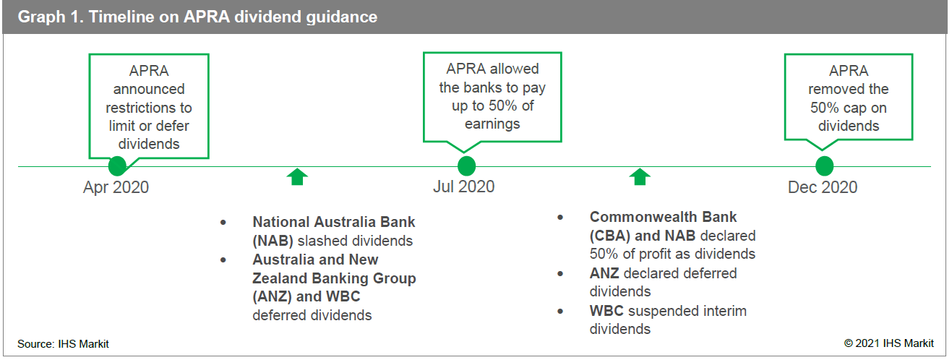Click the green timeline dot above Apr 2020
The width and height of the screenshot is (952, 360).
(117, 166)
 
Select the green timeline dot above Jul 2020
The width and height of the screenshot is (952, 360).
(466, 166)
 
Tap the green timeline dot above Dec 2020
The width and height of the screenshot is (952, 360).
(825, 166)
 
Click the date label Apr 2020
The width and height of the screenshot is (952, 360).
(116, 187)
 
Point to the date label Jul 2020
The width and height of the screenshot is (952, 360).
(463, 187)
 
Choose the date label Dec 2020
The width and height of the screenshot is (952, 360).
(823, 187)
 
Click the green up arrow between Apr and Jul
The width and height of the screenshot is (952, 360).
(297, 177)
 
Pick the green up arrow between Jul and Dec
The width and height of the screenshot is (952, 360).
(640, 177)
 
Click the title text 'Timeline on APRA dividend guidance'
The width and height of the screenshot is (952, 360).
(233, 17)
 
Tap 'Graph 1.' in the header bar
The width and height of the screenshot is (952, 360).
(51, 17)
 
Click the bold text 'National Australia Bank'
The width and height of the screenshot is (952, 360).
(334, 222)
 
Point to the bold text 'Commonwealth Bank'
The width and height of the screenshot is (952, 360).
(663, 217)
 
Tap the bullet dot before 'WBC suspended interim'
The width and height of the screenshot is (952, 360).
(560, 312)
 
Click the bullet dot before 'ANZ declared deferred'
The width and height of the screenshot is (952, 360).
(560, 274)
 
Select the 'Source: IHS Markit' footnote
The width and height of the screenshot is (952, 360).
(63, 344)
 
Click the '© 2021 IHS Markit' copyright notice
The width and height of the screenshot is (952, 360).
(888, 343)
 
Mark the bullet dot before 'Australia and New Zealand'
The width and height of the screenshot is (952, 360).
(223, 260)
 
